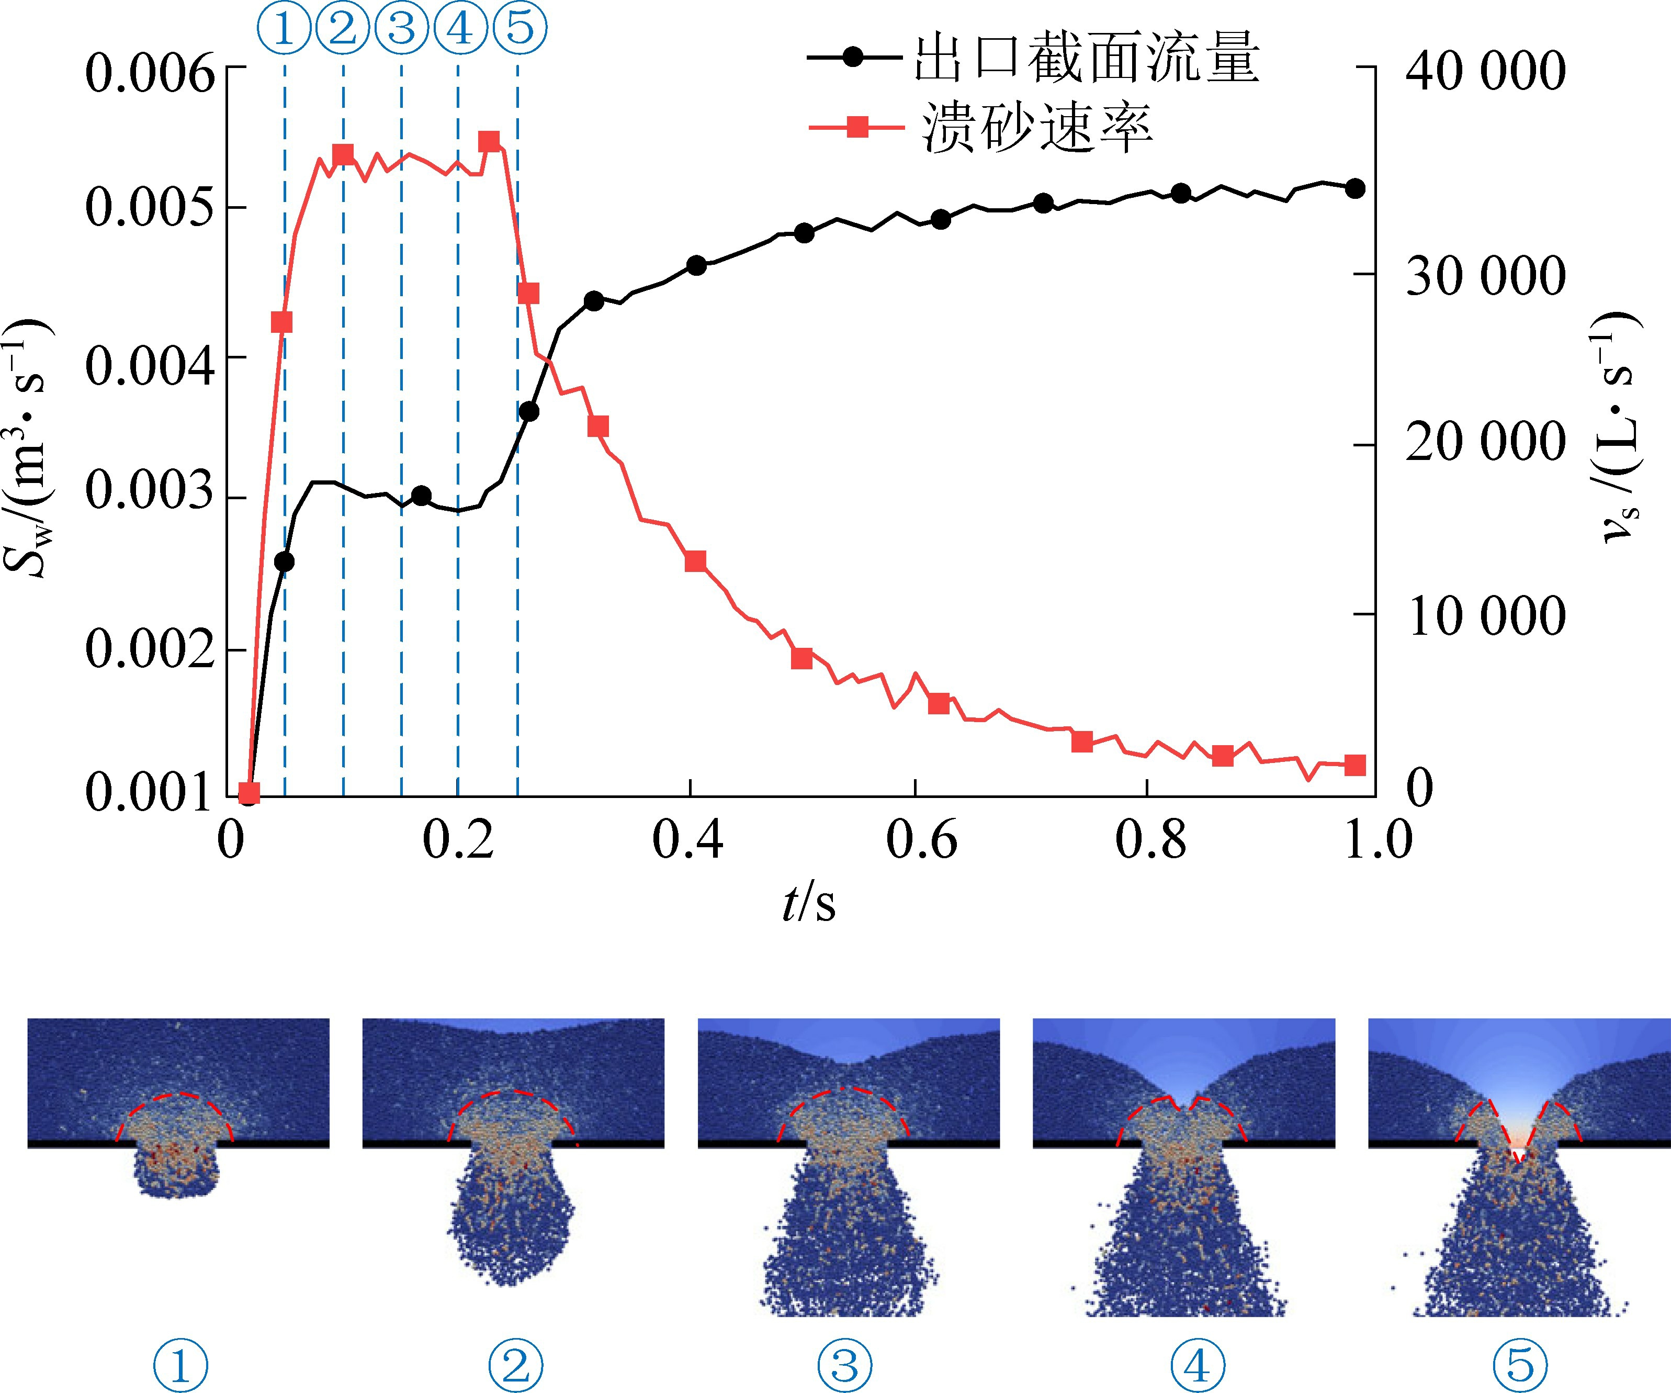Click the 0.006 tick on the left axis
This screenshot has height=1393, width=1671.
tap(150, 73)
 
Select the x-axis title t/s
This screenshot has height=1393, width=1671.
tap(808, 903)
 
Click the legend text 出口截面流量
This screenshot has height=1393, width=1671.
tap(1086, 58)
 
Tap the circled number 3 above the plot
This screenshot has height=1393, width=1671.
tap(402, 28)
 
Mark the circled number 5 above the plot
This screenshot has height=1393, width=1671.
tap(520, 28)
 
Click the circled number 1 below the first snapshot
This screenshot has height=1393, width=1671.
tap(180, 1365)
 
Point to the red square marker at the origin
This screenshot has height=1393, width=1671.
tap(249, 793)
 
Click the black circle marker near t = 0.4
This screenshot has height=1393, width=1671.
tap(696, 266)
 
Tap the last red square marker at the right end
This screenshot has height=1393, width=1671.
tap(1355, 766)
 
